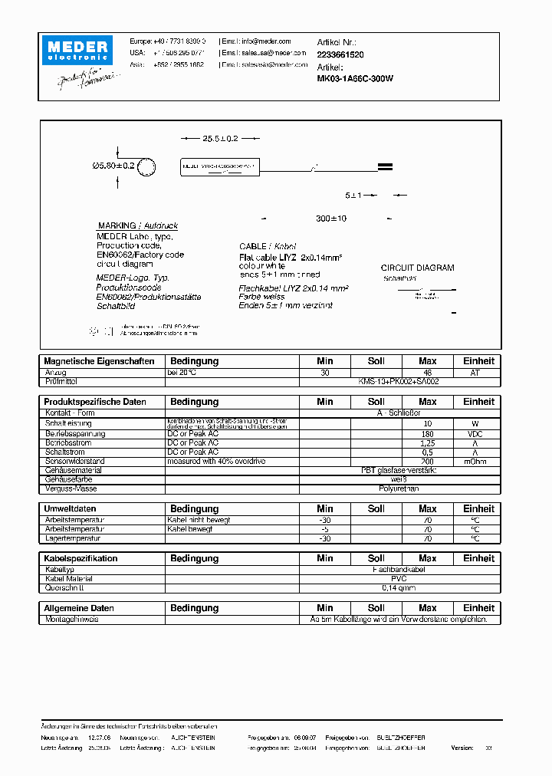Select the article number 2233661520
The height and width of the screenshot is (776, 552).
pyautogui.click(x=340, y=55)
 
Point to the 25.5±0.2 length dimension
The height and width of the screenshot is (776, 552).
pyautogui.click(x=220, y=139)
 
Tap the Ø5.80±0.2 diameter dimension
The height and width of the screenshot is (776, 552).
pyautogui.click(x=112, y=166)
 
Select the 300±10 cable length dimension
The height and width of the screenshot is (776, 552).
pyautogui.click(x=331, y=219)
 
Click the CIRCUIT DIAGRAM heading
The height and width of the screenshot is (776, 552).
pyautogui.click(x=417, y=268)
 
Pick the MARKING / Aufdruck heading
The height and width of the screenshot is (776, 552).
pyautogui.click(x=137, y=226)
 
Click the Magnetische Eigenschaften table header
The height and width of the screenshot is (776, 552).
pyautogui.click(x=100, y=361)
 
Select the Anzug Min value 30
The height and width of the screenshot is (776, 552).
pyautogui.click(x=325, y=372)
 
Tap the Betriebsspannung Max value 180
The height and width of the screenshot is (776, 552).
pyautogui.click(x=428, y=433)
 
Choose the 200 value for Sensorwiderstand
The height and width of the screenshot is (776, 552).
pyautogui.click(x=428, y=461)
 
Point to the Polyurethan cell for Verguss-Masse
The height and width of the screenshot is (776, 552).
pyautogui.click(x=399, y=488)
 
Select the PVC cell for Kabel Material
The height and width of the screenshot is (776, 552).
pyautogui.click(x=399, y=579)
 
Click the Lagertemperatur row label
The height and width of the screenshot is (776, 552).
pyautogui.click(x=72, y=538)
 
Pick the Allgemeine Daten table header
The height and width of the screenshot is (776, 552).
pyautogui.click(x=79, y=608)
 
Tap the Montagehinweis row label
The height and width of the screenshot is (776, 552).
pyautogui.click(x=72, y=619)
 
